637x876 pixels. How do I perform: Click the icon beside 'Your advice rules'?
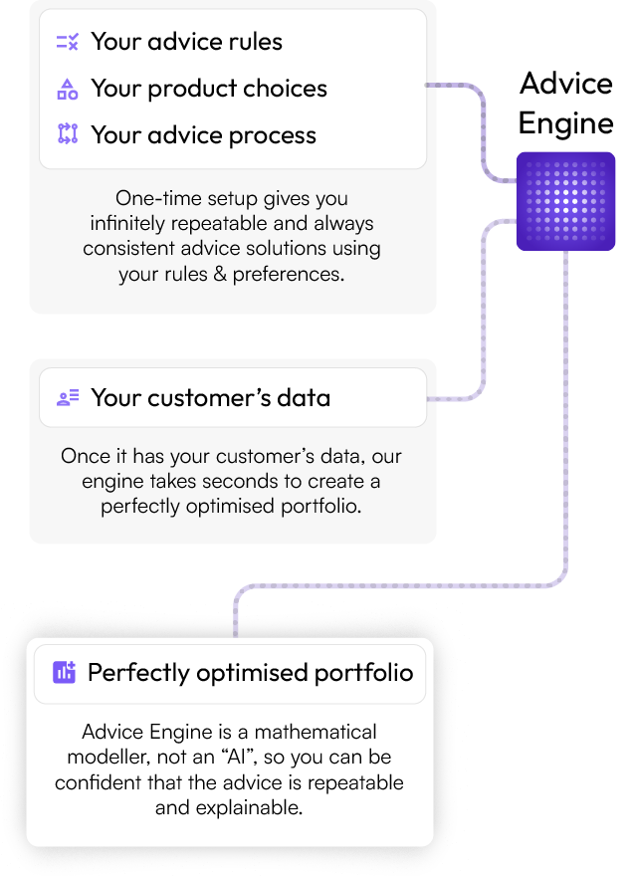click(x=67, y=42)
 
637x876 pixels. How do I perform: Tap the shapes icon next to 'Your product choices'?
click(x=67, y=89)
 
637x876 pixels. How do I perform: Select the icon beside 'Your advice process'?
click(x=67, y=134)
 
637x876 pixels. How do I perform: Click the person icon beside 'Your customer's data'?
click(x=67, y=398)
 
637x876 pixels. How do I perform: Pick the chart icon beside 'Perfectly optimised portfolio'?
click(x=64, y=672)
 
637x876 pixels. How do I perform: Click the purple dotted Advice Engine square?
click(x=565, y=201)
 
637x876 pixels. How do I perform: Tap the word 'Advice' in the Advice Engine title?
click(x=566, y=84)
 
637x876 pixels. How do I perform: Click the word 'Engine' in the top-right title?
click(x=566, y=123)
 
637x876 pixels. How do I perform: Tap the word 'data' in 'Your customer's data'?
click(x=304, y=398)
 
